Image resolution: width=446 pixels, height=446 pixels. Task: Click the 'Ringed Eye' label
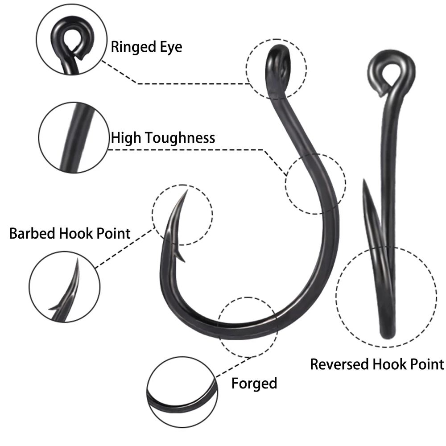coord(146,47)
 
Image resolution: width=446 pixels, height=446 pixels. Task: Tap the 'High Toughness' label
coord(163,137)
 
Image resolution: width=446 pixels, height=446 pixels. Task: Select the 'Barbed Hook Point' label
coord(70,233)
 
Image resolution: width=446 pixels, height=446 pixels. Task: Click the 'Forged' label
coord(254,383)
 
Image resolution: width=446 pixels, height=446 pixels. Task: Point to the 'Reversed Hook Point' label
coord(377,364)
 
